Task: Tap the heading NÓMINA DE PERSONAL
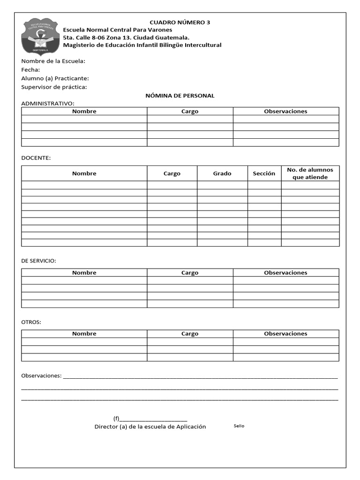pyautogui.click(x=180, y=96)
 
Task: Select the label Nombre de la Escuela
pyautogui.click(x=53, y=61)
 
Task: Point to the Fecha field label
pyautogui.click(x=30, y=70)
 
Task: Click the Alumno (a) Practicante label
pyautogui.click(x=55, y=78)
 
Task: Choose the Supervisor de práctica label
pyautogui.click(x=54, y=87)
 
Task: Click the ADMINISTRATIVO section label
pyautogui.click(x=47, y=104)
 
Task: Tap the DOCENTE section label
pyautogui.click(x=36, y=158)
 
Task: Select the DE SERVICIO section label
pyautogui.click(x=38, y=261)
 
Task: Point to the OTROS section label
pyautogui.click(x=31, y=322)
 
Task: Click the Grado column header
pyautogui.click(x=222, y=173)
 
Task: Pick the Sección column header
pyautogui.click(x=264, y=173)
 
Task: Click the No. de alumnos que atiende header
pyautogui.click(x=310, y=173)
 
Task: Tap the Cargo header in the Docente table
pyautogui.click(x=172, y=173)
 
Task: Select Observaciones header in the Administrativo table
pyautogui.click(x=285, y=111)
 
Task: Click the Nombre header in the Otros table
pyautogui.click(x=84, y=334)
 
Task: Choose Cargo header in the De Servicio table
pyautogui.click(x=190, y=272)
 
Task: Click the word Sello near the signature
pyautogui.click(x=239, y=426)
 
